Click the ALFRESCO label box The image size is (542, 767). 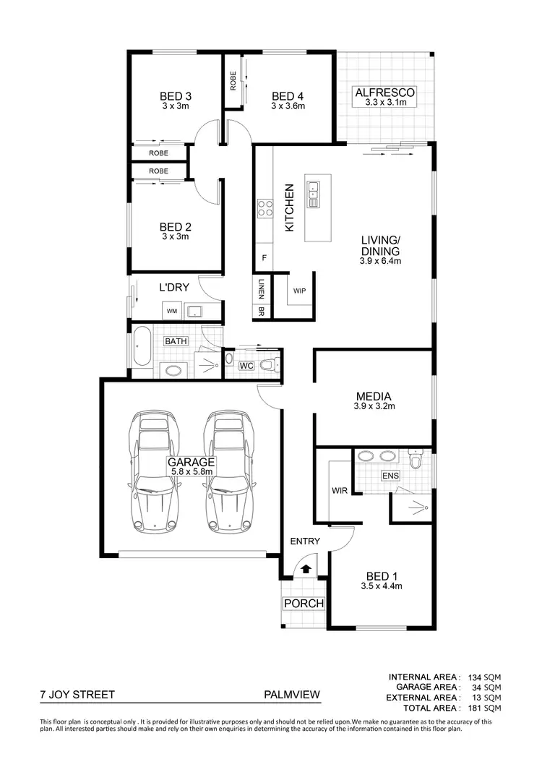384,96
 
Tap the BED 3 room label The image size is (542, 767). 175,97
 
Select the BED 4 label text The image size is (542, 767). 288,97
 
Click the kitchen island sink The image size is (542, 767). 314,194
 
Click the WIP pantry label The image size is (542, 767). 299,291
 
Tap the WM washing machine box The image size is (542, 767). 172,312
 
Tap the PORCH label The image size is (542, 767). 304,604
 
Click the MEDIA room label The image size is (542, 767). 373,396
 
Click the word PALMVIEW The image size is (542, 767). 293,695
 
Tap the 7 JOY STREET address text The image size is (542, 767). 77,695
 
